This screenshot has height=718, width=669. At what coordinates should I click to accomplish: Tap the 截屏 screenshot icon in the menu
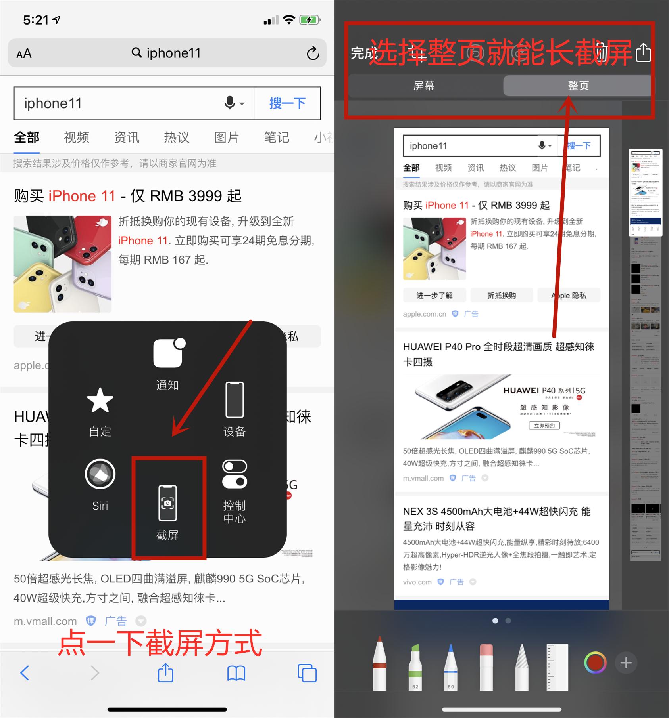click(x=167, y=503)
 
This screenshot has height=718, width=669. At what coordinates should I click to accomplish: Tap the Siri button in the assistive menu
click(x=100, y=474)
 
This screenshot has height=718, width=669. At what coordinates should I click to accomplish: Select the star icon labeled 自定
click(x=100, y=400)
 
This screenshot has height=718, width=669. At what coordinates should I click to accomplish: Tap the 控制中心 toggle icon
click(x=235, y=474)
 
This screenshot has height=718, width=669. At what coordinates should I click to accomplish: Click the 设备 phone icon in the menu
click(x=235, y=400)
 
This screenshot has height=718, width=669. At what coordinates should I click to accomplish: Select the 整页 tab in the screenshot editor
click(x=578, y=86)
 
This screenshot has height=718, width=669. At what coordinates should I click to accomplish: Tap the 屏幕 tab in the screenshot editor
click(x=424, y=86)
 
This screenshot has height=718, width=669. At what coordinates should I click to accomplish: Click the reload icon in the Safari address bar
click(x=313, y=53)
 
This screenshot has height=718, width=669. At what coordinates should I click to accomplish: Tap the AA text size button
click(x=24, y=53)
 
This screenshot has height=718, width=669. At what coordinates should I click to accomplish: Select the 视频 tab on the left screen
click(x=76, y=137)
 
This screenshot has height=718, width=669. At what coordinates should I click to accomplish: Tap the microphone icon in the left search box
click(x=230, y=103)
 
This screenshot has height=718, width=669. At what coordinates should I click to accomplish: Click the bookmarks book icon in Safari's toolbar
click(x=236, y=673)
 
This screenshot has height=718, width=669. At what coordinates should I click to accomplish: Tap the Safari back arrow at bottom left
click(x=25, y=673)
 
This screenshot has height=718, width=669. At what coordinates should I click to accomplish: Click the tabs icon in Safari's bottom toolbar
click(x=307, y=673)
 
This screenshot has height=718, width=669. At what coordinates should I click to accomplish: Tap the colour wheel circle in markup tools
click(x=595, y=663)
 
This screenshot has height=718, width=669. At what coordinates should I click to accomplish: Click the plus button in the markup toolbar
click(x=626, y=663)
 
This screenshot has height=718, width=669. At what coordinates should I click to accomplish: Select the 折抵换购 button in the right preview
click(x=502, y=296)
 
